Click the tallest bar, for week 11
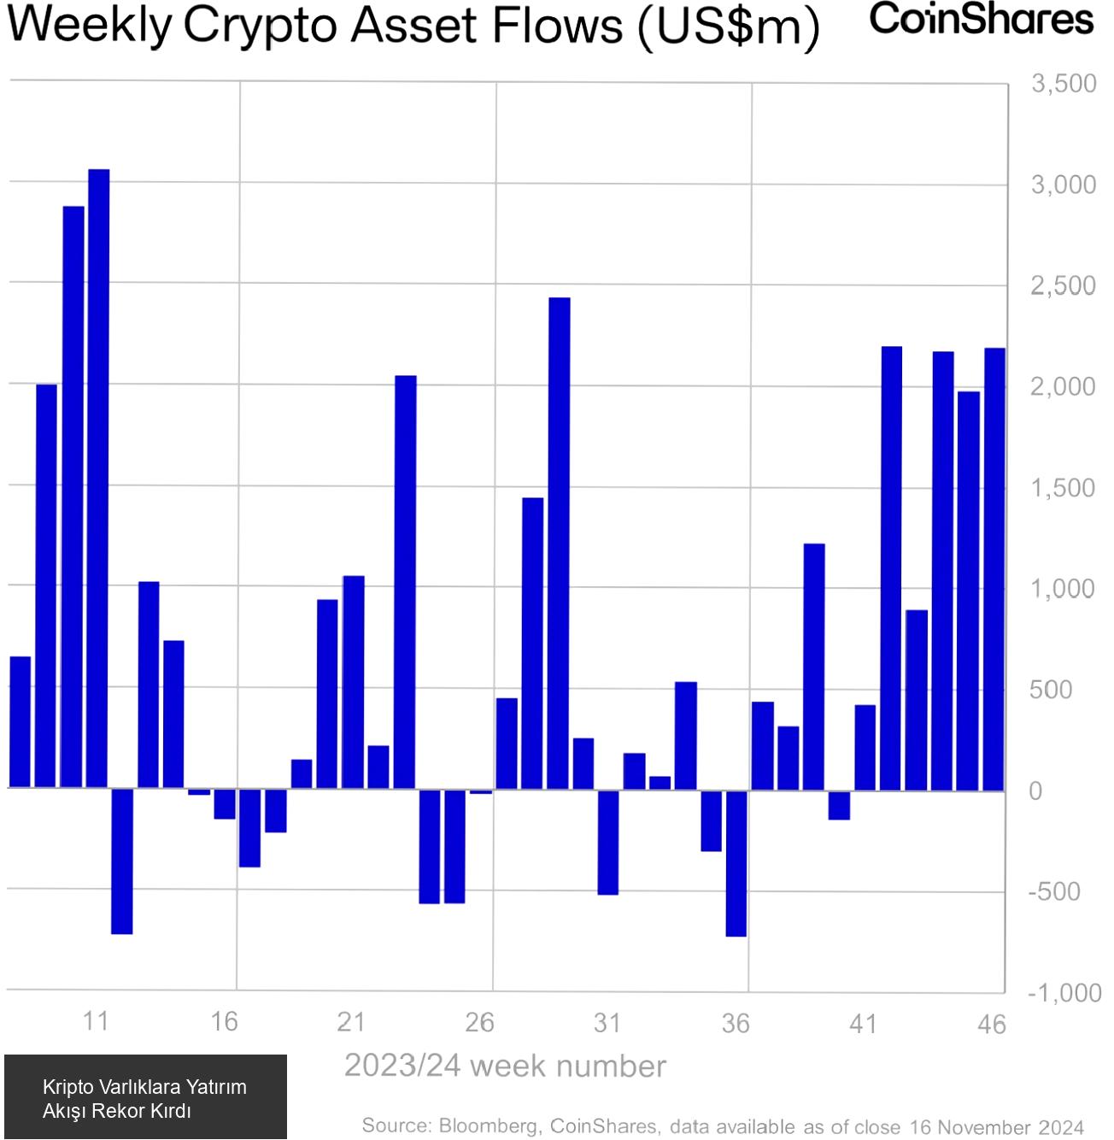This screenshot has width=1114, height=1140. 99,479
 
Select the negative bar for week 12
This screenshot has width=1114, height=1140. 122,861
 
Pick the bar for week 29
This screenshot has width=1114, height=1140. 560,543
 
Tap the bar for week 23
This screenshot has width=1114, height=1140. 406,581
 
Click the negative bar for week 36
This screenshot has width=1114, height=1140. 736,862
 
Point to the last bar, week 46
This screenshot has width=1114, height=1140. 994,568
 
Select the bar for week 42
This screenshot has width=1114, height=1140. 892,567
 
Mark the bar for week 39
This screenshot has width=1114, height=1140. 814,666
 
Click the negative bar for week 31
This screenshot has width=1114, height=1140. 608,842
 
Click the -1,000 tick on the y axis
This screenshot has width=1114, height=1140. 1064,993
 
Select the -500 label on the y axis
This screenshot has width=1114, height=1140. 1055,891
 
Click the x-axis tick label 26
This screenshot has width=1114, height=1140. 480,1022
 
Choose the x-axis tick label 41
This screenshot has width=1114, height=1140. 864,1024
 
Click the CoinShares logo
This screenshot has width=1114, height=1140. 982,19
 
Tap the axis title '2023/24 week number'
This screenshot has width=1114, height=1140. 505,1067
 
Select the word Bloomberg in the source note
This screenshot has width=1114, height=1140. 488,1125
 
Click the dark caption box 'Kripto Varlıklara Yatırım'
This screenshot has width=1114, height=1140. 145,1097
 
